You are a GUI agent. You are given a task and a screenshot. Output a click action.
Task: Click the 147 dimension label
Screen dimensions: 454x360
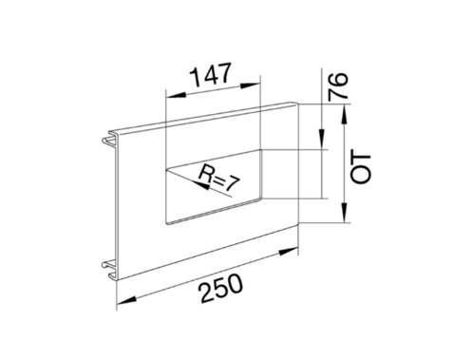pyautogui.click(x=211, y=75)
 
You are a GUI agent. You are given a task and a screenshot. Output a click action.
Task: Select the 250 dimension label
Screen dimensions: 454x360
pyautogui.click(x=221, y=289)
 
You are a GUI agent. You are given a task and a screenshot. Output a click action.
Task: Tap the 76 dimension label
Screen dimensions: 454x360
pyautogui.click(x=337, y=86)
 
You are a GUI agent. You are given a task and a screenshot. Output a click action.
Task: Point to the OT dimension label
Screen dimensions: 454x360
pyautogui.click(x=361, y=169)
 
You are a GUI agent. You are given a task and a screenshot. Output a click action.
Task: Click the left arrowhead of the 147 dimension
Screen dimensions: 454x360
pyautogui.click(x=175, y=95)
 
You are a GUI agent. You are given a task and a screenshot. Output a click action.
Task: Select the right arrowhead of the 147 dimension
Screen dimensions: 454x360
pyautogui.click(x=251, y=85)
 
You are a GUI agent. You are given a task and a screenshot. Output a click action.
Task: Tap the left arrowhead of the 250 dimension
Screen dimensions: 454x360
pyautogui.click(x=126, y=300)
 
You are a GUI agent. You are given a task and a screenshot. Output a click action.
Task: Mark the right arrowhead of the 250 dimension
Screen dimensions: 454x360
pyautogui.click(x=288, y=252)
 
